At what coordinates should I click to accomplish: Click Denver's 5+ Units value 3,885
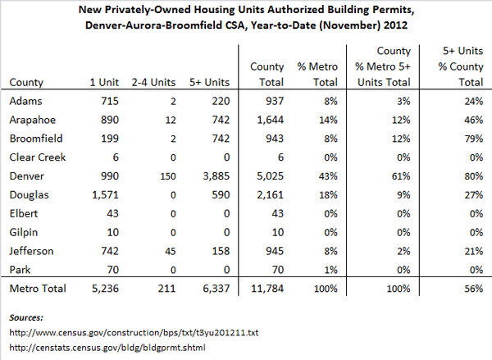click(x=216, y=176)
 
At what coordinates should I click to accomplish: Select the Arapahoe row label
click(x=33, y=120)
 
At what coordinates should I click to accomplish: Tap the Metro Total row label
click(x=38, y=289)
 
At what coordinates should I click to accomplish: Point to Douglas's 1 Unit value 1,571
click(x=105, y=195)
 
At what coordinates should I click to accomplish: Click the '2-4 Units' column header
click(x=153, y=82)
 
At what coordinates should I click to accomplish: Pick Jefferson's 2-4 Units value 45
click(x=171, y=251)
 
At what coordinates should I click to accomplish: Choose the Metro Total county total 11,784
click(x=267, y=289)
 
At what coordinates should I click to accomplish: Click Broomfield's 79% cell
click(x=474, y=139)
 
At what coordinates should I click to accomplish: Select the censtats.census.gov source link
click(x=107, y=348)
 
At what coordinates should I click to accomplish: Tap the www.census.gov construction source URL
click(x=134, y=332)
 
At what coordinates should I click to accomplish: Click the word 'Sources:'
click(x=26, y=317)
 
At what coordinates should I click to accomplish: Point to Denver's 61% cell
click(x=401, y=176)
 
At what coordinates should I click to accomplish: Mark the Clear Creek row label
click(x=38, y=157)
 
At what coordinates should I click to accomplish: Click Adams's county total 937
click(x=274, y=101)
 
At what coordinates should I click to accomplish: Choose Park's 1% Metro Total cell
click(x=330, y=270)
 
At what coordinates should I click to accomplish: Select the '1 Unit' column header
click(x=104, y=82)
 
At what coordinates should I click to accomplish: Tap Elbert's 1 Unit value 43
click(x=112, y=214)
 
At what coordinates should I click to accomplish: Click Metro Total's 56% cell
click(x=474, y=289)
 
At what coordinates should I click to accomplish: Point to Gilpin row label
click(x=24, y=233)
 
